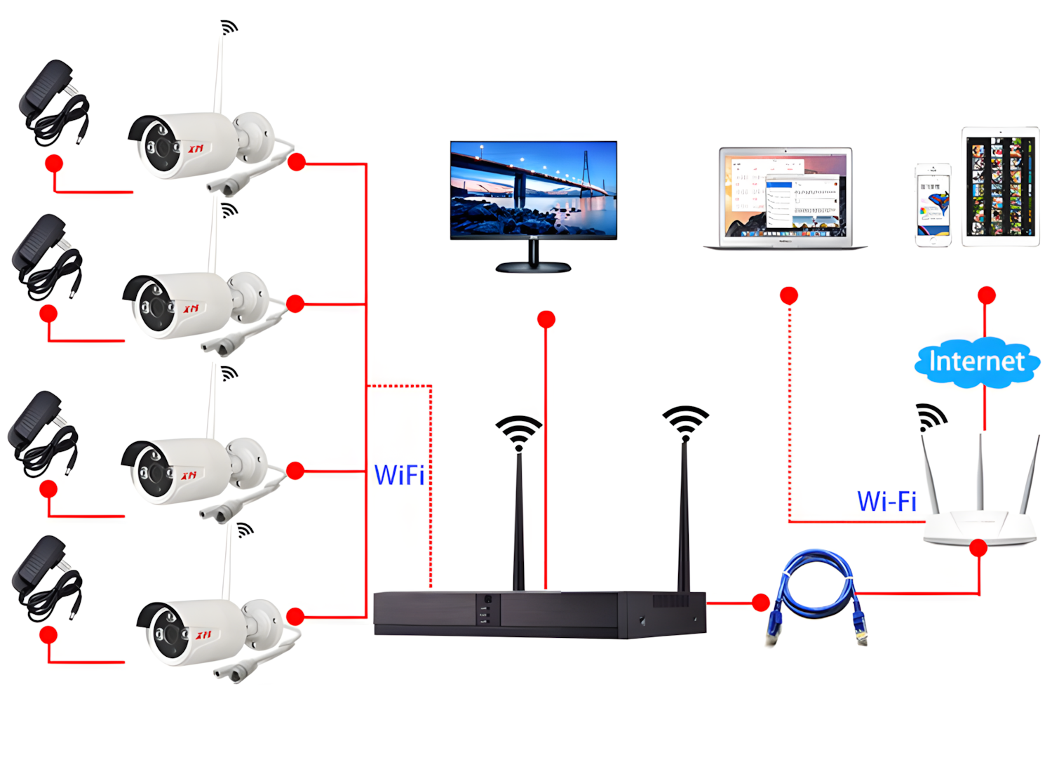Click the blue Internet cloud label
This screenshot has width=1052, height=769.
(x=976, y=362)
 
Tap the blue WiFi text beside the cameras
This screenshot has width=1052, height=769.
(x=399, y=476)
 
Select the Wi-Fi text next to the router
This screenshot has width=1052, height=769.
(x=886, y=502)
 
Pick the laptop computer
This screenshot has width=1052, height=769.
(x=785, y=198)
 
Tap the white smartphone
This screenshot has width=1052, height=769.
(x=933, y=205)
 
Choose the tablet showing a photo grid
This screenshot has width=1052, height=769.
(x=1000, y=187)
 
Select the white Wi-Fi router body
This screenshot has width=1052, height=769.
(x=979, y=528)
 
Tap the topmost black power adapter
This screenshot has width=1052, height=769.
(x=50, y=102)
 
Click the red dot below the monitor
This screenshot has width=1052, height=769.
(x=546, y=320)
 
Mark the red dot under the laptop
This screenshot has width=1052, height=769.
(x=789, y=295)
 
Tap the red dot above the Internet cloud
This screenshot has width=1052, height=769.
(x=987, y=295)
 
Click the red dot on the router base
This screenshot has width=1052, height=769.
(x=978, y=548)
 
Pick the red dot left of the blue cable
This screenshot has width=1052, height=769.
(x=760, y=602)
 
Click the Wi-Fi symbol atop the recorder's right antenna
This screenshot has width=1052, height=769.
(x=685, y=420)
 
